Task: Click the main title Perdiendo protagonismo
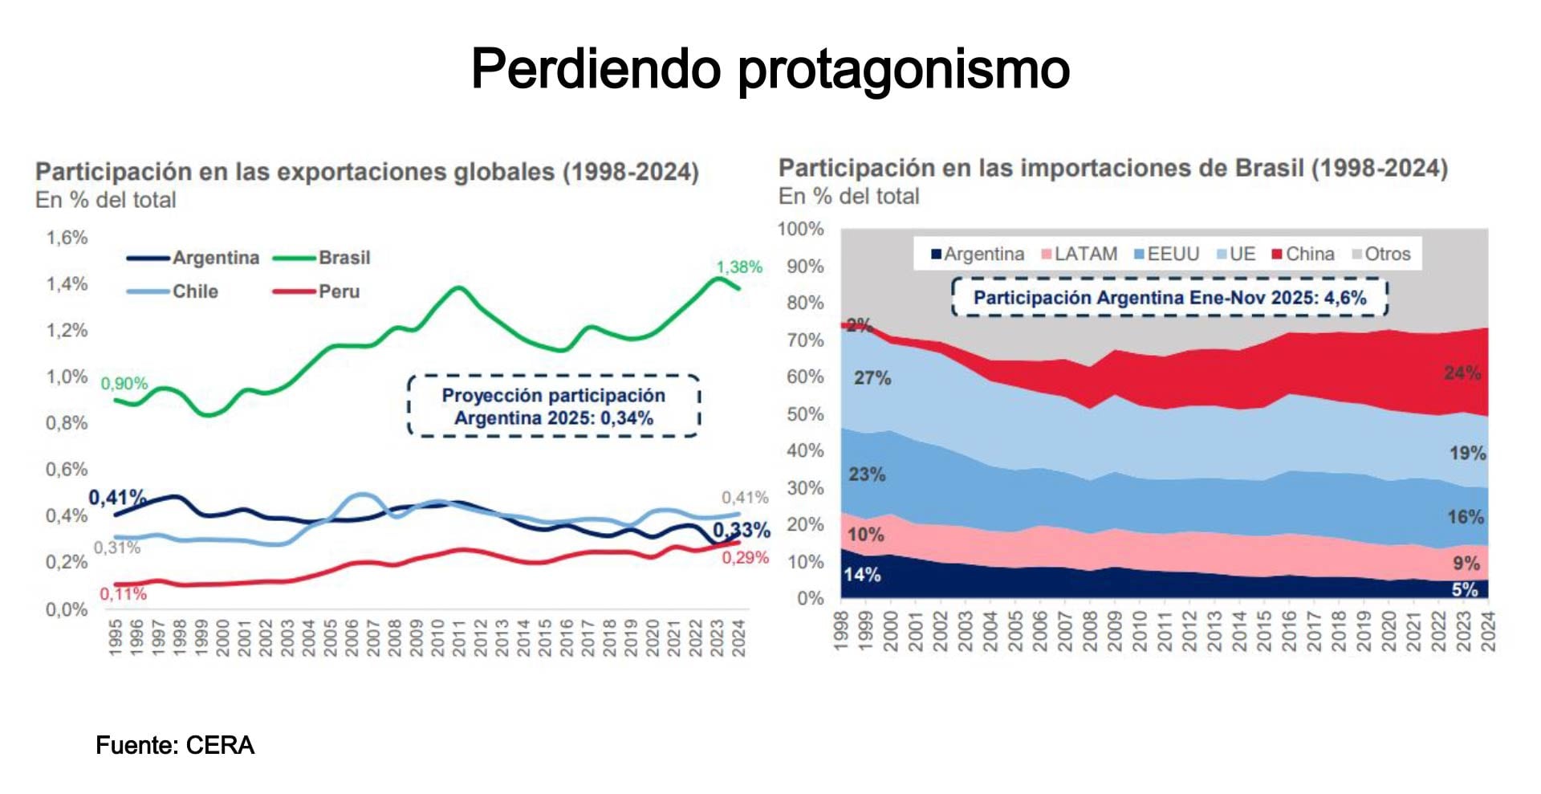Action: tap(770, 69)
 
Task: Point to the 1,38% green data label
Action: tap(738, 267)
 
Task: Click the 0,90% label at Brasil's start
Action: tap(124, 384)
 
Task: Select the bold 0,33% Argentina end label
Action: tap(741, 530)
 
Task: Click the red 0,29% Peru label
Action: tap(745, 558)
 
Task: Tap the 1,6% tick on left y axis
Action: tap(67, 238)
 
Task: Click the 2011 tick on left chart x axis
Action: tap(459, 637)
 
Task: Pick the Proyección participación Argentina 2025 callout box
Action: tap(554, 406)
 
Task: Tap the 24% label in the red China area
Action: tap(1462, 373)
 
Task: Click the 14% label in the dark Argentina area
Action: tap(861, 575)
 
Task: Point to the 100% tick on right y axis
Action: tap(800, 229)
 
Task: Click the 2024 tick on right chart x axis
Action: tap(1487, 630)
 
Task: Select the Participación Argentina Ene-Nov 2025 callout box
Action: tap(1169, 298)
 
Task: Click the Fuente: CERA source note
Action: tap(175, 745)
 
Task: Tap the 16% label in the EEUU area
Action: tap(1465, 517)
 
